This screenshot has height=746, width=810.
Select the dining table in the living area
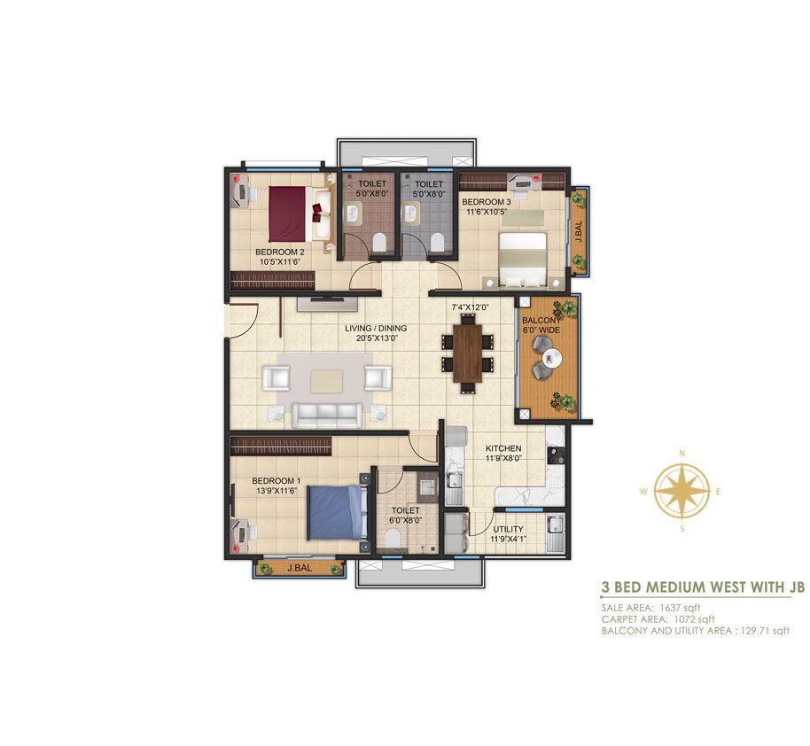pos(468,354)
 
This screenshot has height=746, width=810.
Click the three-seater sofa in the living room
pos(326,416)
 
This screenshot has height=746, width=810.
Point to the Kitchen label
pos(503,448)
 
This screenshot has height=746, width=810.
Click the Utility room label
pos(508,529)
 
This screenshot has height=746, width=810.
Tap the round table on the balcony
pos(552,356)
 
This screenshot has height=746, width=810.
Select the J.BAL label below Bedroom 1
pos(300,568)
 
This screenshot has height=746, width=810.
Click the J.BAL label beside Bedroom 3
pos(579,231)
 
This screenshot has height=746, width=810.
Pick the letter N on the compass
pos(681,454)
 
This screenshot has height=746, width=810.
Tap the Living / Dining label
pos(376,328)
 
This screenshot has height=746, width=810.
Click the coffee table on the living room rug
pos(326,380)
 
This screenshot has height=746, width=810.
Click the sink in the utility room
pos(556,525)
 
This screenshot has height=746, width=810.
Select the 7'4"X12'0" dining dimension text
pos(471,307)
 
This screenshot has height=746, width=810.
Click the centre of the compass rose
pos(681,492)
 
